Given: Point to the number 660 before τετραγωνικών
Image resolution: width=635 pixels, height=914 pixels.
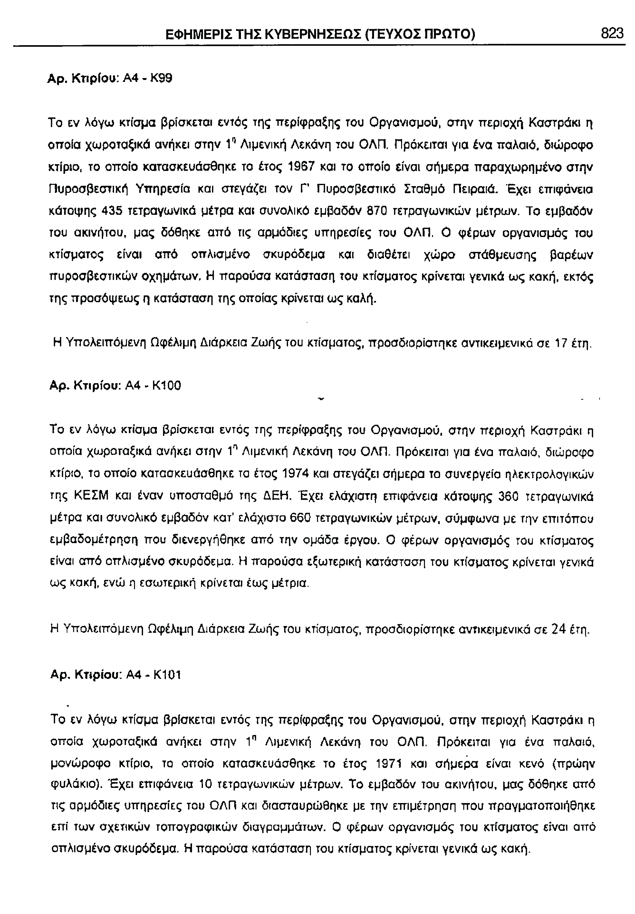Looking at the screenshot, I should pos(300,519).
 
